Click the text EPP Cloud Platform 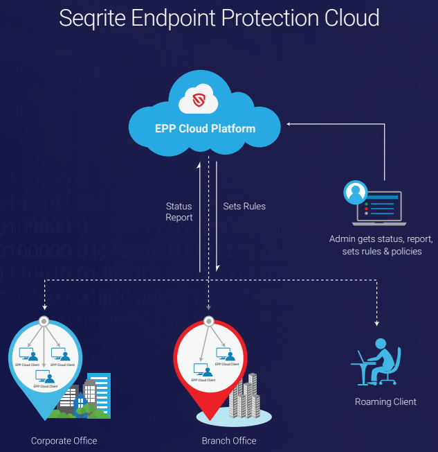pos(205,128)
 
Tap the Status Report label pos(179,211)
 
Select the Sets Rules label pos(244,206)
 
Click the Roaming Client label pos(385,401)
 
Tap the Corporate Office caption pos(64,441)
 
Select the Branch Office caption pos(229,441)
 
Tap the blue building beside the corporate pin pos(98,392)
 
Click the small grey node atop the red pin pos(208,321)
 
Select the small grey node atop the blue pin pos(44,321)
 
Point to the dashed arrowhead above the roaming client pos(377,323)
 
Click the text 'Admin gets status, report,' pos(381,239)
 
